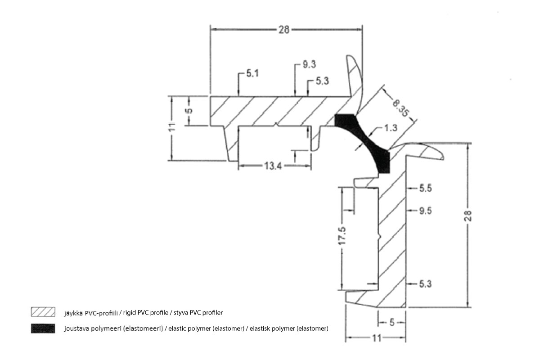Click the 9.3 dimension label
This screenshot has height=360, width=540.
(x=309, y=64)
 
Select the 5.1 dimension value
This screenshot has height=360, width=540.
(x=252, y=73)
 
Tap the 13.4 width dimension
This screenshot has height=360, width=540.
(x=273, y=166)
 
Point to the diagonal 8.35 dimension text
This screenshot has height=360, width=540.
(x=400, y=108)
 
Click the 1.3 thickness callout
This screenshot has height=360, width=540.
(x=391, y=128)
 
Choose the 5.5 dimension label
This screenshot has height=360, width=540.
(x=426, y=188)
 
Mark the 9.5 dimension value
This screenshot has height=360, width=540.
(x=426, y=211)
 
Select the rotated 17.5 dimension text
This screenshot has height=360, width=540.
(x=342, y=236)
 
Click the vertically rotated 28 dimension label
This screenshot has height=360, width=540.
(x=468, y=216)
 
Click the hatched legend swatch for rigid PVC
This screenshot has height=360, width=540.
(x=43, y=312)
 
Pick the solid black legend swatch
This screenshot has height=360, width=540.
(x=43, y=328)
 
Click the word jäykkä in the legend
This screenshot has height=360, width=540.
(x=74, y=313)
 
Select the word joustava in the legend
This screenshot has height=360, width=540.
(x=76, y=328)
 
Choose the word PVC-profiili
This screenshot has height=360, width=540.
(x=101, y=313)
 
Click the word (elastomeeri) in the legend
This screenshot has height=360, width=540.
(x=143, y=328)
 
